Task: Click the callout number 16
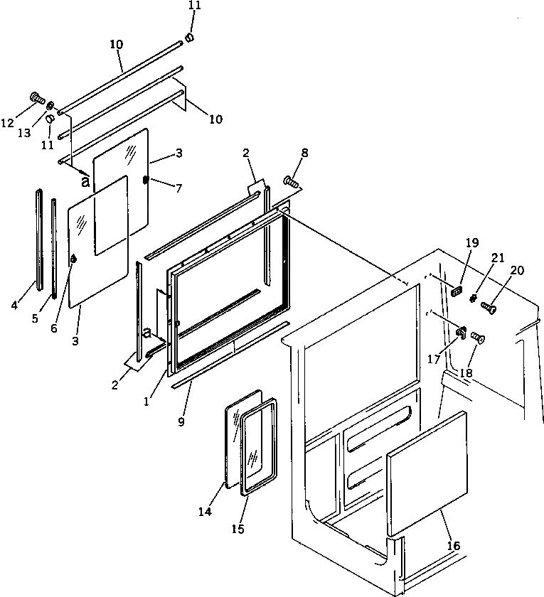(454, 546)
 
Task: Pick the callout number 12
(8, 123)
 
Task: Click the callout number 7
(178, 188)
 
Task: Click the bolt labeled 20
(489, 308)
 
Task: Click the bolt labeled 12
(36, 98)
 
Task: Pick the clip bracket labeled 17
(460, 332)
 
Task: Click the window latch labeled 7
(146, 181)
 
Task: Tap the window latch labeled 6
(73, 261)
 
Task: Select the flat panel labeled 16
(425, 473)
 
